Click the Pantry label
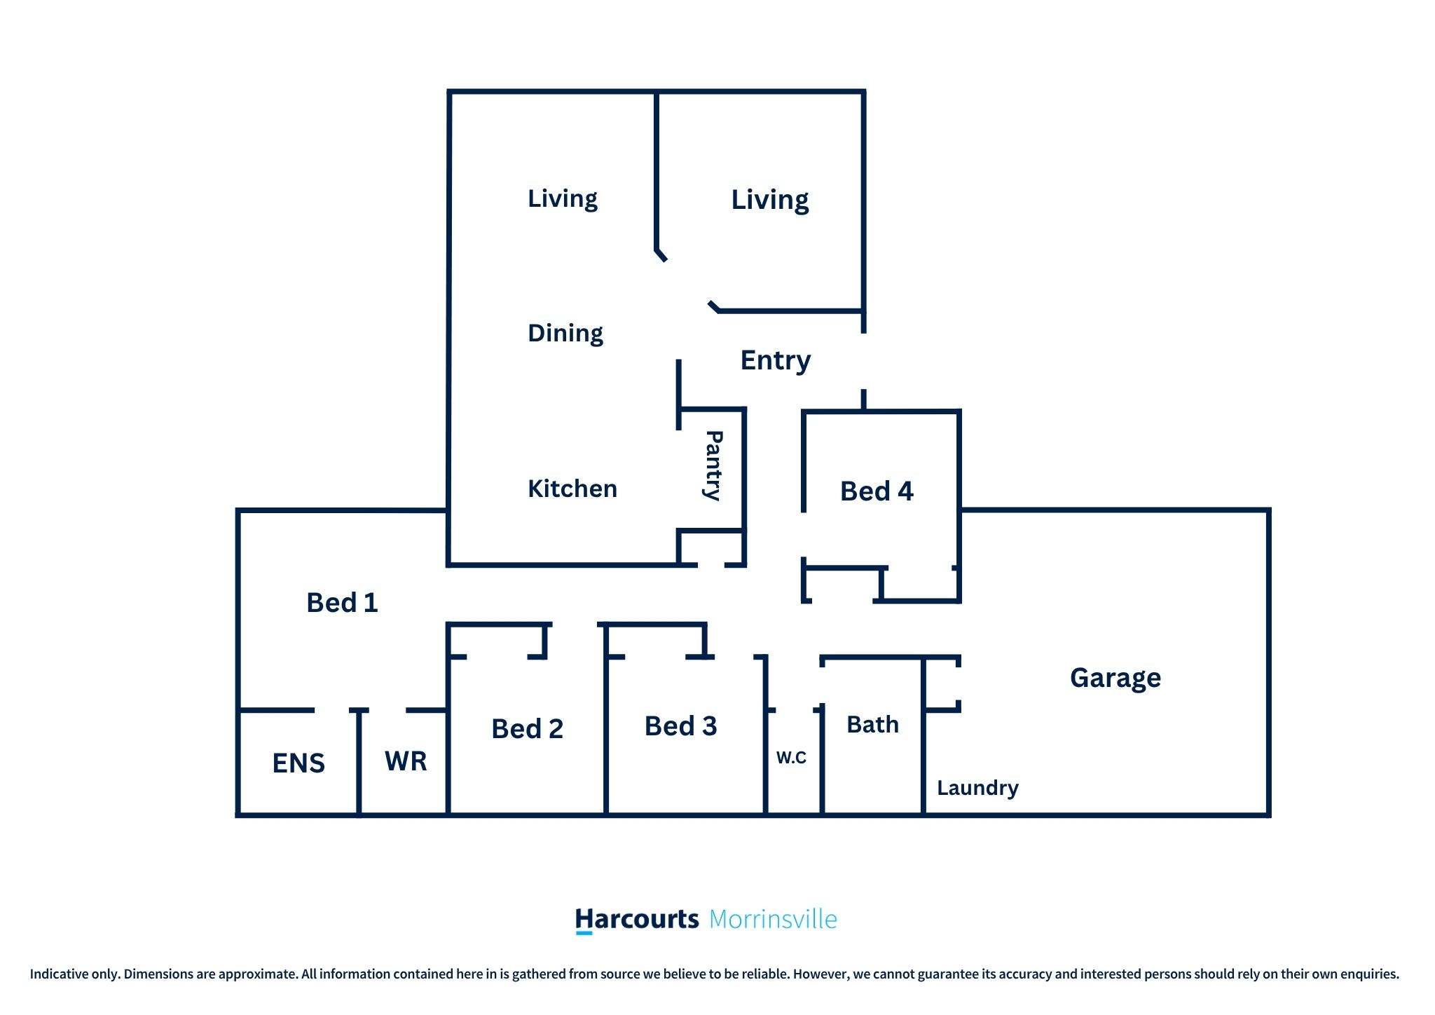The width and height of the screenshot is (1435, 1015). [713, 465]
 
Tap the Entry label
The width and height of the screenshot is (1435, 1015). [776, 361]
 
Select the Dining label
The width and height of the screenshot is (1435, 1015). [565, 333]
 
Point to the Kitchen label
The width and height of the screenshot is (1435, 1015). [572, 489]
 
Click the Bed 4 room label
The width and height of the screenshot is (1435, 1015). [877, 491]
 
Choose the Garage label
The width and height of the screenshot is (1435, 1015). [1115, 679]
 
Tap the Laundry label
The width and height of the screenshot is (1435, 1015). [977, 789]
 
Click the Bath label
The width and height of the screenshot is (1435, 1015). [872, 724]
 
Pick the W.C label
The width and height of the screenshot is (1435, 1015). [791, 758]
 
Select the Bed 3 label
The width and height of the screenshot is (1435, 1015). [680, 726]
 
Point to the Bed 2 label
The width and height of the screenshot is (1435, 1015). [527, 729]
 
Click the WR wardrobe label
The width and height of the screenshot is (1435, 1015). [406, 761]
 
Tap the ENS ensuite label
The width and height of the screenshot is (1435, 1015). [298, 763]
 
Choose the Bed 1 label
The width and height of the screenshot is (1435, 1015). [342, 603]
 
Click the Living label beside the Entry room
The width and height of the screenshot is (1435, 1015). [770, 200]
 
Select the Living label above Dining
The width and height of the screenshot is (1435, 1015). [563, 199]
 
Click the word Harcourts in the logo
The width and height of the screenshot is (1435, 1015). [637, 919]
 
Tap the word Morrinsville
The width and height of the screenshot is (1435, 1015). [773, 920]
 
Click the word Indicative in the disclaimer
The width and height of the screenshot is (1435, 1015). [59, 974]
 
